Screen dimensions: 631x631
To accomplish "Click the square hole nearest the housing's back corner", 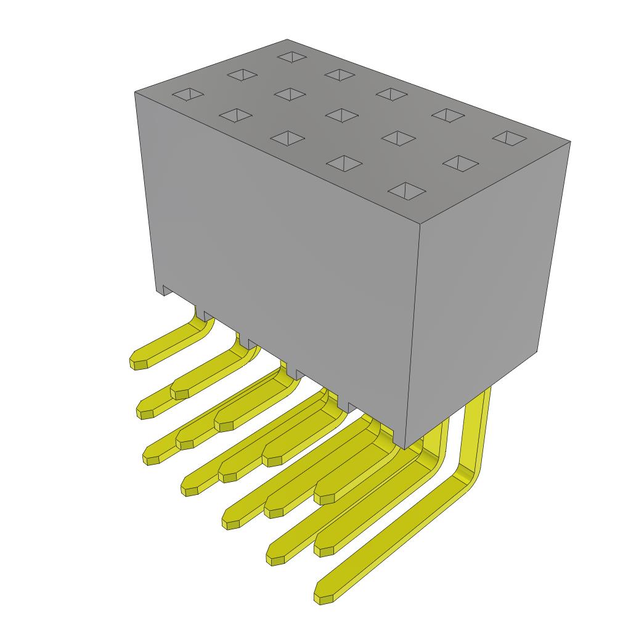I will point(292,57).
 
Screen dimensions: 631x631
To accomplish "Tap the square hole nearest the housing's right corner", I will point(510,137).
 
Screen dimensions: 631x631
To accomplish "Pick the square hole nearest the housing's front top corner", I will point(406,190).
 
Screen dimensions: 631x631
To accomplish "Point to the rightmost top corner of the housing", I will point(570,142).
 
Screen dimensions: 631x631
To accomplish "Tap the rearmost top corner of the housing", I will point(287,39).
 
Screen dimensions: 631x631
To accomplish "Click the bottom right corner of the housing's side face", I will point(538,352).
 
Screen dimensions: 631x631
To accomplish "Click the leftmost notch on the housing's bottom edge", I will point(165,290).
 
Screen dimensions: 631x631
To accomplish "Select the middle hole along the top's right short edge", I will point(460,163).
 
